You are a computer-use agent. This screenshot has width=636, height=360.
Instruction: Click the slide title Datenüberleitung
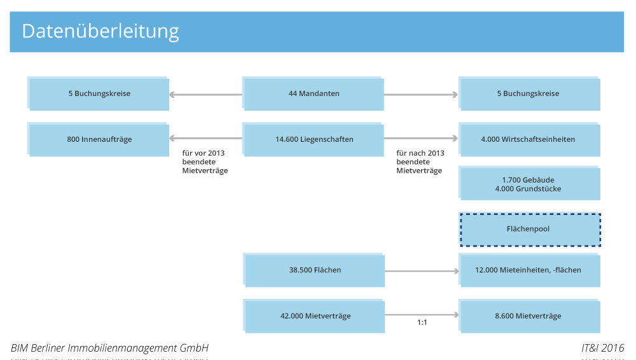(x=100, y=31)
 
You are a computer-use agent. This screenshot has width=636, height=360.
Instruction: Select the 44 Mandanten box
(x=314, y=94)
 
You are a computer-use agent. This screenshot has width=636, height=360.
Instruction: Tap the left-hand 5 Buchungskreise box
(x=99, y=94)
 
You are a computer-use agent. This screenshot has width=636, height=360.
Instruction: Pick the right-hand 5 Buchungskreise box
(x=529, y=94)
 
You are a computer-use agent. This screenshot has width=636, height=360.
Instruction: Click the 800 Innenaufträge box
(x=99, y=139)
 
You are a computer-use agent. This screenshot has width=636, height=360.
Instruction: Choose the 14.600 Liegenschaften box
(x=314, y=139)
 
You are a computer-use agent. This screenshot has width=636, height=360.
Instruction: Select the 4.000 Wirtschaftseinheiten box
(x=529, y=139)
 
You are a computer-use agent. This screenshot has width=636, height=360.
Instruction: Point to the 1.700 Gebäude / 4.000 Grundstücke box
(x=529, y=184)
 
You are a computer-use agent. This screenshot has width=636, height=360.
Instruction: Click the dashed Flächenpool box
(x=529, y=230)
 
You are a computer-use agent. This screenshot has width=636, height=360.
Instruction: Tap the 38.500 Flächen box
(x=314, y=270)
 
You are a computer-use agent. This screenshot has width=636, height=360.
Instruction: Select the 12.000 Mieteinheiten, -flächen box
(x=529, y=270)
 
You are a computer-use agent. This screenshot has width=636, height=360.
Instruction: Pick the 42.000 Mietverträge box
(x=314, y=316)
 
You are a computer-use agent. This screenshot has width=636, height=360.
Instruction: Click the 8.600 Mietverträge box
(x=529, y=316)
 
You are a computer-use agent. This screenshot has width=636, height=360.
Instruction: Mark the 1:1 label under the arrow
(x=422, y=323)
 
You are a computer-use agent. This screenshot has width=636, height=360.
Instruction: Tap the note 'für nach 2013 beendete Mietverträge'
(x=420, y=162)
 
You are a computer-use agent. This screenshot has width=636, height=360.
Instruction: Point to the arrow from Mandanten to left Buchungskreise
(x=205, y=95)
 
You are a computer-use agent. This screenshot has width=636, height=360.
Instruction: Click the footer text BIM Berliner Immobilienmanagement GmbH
(x=109, y=348)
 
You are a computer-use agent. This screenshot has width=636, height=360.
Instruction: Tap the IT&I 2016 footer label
(x=602, y=348)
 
